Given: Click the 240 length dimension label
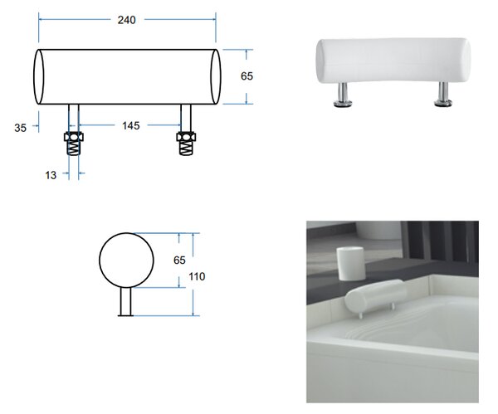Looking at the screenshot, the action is coord(126,20).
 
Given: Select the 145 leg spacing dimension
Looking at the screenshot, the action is coord(131,126).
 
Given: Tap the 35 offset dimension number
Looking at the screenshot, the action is coord(20,128).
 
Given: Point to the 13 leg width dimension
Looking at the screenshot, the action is coord(51,175).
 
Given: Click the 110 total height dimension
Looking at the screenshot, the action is coord(197,276).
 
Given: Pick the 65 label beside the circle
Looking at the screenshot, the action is coord(179,261).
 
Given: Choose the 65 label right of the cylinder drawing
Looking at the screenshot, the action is coord(247,76).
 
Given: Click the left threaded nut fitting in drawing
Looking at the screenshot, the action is coord(74,144).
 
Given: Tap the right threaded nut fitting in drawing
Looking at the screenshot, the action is coord(186,144).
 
